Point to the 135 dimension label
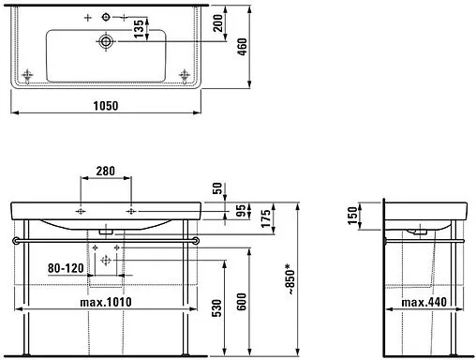point(138,28)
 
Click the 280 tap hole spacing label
point(105,172)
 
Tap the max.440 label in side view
point(423,302)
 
